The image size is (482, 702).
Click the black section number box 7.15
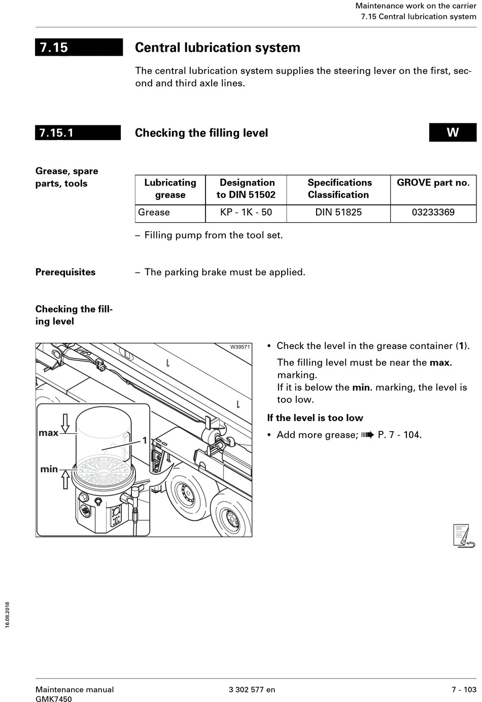coord(79,47)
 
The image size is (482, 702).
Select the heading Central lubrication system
coord(217,48)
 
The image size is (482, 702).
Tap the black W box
coord(453,132)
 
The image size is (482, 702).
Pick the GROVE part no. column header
coord(433,183)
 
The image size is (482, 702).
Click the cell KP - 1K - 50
coord(246,212)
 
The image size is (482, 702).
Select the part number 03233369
coord(433,212)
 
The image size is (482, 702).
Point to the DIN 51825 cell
coord(338,212)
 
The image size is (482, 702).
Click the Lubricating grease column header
coord(170,189)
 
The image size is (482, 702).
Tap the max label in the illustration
coord(48,433)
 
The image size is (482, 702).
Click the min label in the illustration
coord(49,469)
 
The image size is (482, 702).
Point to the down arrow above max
coord(65,423)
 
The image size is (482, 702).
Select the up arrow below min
coord(65,479)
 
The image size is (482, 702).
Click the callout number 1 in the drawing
coord(145,440)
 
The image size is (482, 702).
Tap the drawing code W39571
coord(239,347)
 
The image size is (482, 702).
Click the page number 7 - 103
coord(464,689)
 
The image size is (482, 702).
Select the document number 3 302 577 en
coord(252,689)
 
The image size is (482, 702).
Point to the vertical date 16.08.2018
coord(8,615)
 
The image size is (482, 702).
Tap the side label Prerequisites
coord(65,272)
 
